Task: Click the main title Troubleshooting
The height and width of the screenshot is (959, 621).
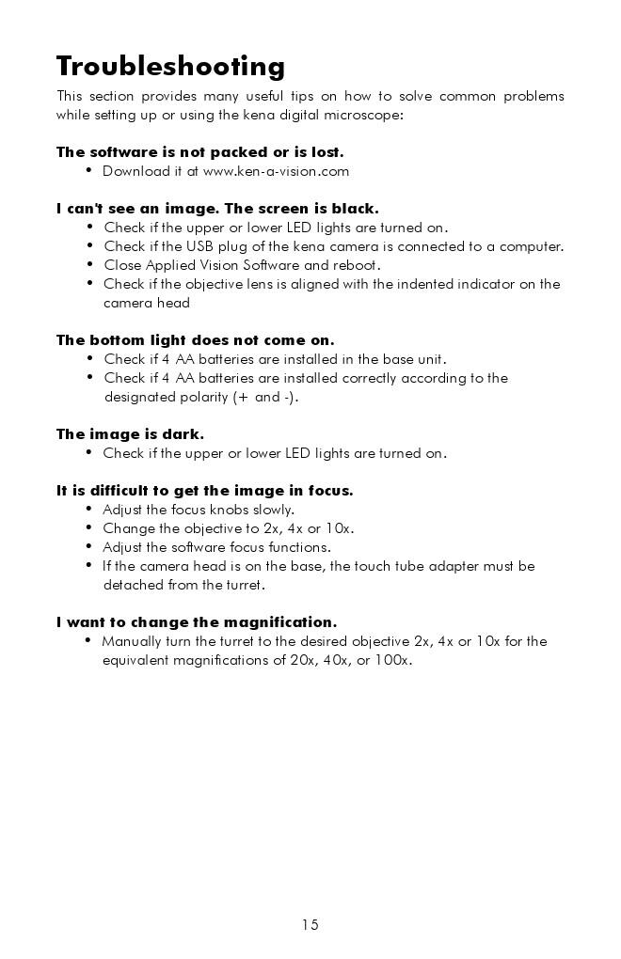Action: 170,67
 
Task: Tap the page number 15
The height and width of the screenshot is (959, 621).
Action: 310,924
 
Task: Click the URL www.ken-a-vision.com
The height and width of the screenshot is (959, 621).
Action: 276,171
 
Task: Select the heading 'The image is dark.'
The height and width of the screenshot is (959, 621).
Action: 130,434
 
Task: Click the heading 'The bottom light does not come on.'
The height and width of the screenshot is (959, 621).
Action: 195,340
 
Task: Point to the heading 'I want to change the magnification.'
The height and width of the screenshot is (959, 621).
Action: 196,622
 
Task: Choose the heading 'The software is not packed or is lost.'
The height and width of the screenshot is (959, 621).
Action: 199,152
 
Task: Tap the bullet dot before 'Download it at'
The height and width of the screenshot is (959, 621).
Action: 89,170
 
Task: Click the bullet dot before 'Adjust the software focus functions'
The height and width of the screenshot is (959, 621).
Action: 89,546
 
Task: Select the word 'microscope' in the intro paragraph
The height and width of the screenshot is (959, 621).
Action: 366,115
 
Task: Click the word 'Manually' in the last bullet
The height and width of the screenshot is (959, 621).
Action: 132,641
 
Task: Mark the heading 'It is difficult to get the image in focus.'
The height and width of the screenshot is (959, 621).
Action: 204,491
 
